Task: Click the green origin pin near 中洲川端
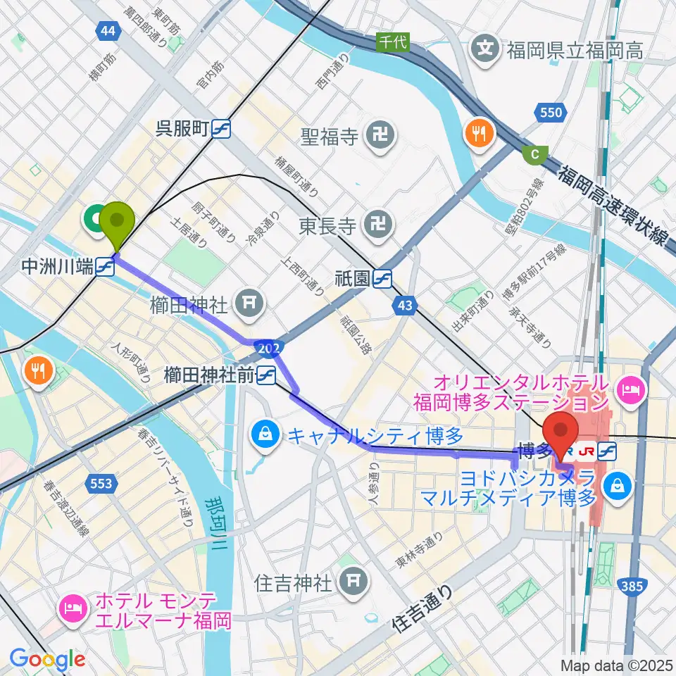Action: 117,223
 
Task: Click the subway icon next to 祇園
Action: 383,279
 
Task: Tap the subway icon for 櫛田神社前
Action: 265,376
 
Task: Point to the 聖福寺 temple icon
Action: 382,133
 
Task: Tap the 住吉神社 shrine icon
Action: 350,582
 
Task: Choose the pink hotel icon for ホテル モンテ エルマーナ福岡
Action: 74,604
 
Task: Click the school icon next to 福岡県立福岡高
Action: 486,49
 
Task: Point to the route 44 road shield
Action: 106,30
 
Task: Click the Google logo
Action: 47,659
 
